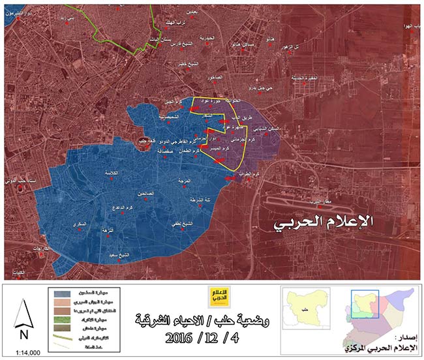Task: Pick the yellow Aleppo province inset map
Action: pyautogui.click(x=304, y=307)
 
